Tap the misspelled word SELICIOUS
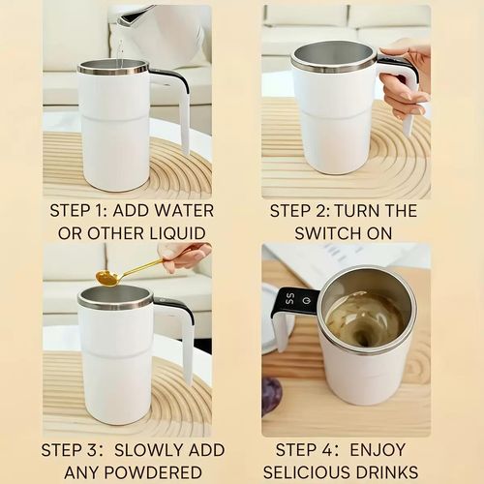(320, 472)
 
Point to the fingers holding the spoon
(184, 257)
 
